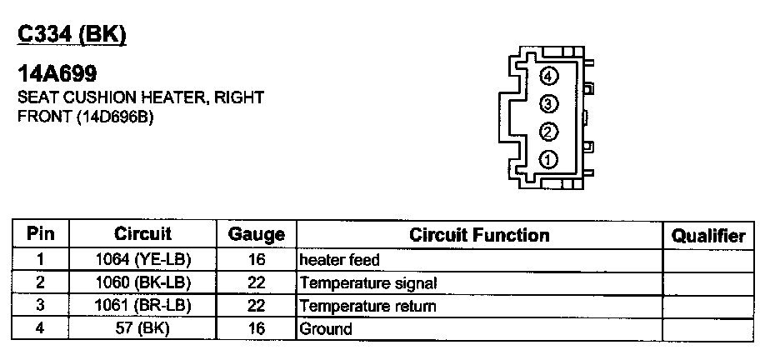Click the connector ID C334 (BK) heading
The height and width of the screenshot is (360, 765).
tap(72, 33)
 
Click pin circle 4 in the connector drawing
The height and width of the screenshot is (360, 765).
tap(547, 77)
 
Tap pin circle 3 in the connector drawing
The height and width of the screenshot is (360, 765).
tap(547, 104)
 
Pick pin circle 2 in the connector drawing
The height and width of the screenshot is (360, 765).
tap(547, 132)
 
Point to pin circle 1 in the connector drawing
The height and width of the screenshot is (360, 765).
tap(547, 159)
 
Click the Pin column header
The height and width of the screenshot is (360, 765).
tap(40, 234)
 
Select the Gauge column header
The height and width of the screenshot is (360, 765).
tap(257, 235)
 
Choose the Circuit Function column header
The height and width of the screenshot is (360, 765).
tap(479, 235)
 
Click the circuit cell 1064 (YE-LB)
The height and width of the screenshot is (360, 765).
tap(143, 260)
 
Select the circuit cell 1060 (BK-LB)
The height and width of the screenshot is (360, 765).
tap(143, 282)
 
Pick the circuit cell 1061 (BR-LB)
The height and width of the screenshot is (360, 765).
tap(143, 306)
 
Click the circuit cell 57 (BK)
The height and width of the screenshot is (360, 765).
tap(143, 328)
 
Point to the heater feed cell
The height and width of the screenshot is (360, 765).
tap(340, 260)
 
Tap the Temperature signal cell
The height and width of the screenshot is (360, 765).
tap(367, 282)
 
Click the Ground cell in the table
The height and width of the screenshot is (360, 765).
tap(326, 328)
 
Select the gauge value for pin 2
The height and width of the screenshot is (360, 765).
tap(257, 282)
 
